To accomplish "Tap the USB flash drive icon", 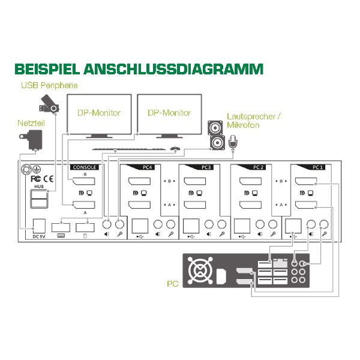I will click(x=50, y=104).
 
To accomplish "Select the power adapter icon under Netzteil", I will click(x=30, y=142).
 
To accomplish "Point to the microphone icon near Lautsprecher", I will click(x=232, y=142).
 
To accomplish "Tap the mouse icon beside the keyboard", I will click(x=175, y=148).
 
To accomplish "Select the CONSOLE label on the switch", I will click(x=83, y=167).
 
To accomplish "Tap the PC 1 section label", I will click(x=318, y=167).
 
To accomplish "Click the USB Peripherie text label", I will click(x=49, y=85).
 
